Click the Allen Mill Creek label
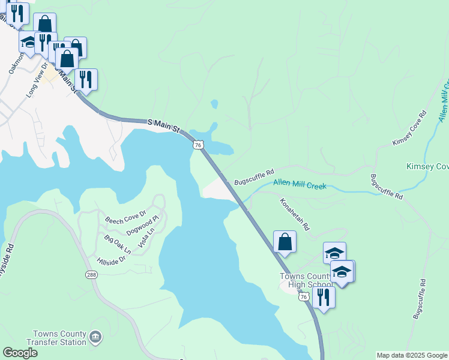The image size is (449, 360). tap(300, 185)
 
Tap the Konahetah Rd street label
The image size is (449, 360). tap(294, 215)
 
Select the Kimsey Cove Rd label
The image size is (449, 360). tap(409, 128)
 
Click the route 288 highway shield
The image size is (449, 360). tap(91, 275)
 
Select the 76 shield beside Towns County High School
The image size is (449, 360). tap(304, 297)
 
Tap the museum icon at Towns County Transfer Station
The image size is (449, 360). tap(95, 338)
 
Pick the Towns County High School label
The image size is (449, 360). tap(306, 280)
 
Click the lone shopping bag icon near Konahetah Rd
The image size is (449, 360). tap(285, 242)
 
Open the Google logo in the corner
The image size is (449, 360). tap(20, 353)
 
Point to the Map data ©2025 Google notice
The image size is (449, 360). tap(411, 355)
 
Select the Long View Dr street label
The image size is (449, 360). tap(36, 83)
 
